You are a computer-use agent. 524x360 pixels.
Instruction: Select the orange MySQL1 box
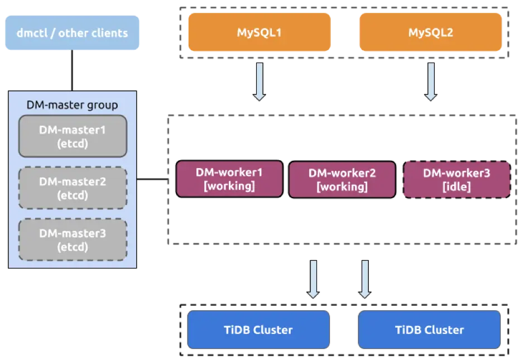tap(259, 32)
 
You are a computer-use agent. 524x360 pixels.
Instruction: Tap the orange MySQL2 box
tap(430, 32)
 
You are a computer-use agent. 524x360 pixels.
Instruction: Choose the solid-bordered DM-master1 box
tap(73, 136)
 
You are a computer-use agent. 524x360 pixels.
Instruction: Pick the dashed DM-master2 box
tap(73, 188)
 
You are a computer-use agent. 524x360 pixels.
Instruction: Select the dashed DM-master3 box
tap(73, 240)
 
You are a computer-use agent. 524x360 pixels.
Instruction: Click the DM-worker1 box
tap(229, 179)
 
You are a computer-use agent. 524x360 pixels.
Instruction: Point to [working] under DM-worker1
tap(229, 186)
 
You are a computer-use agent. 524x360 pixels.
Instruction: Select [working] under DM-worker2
tap(342, 187)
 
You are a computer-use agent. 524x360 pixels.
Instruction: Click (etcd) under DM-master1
tap(73, 143)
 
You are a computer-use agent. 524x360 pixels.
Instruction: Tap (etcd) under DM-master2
tap(73, 195)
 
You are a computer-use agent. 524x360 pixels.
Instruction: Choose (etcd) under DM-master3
tap(73, 247)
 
